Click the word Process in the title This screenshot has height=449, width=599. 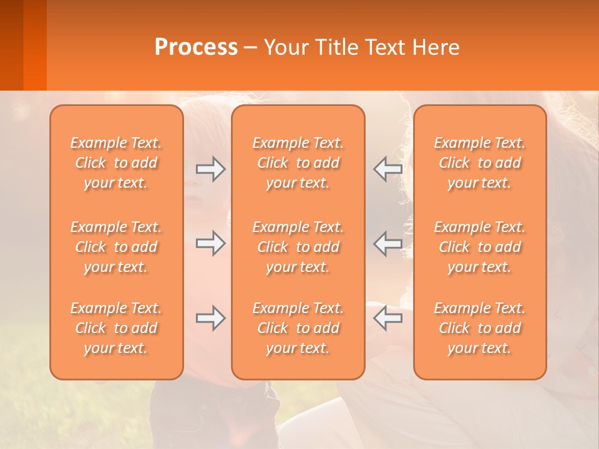click(x=196, y=47)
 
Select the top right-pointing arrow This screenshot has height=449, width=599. click(x=210, y=169)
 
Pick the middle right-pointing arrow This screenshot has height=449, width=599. click(x=210, y=243)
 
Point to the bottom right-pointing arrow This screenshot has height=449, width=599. click(x=210, y=318)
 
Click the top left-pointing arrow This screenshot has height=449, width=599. click(x=387, y=169)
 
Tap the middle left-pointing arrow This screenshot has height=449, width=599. click(x=387, y=243)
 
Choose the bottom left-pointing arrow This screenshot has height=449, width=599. click(x=387, y=318)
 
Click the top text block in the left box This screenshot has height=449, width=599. click(x=116, y=163)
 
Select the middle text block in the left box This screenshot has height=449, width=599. click(x=116, y=247)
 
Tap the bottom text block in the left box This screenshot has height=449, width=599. click(x=116, y=328)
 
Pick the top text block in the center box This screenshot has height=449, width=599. click(x=298, y=163)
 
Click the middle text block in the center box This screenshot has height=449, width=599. click(x=298, y=247)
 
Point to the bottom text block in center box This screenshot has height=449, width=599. click(x=298, y=328)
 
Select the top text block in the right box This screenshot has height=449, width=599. click(x=479, y=163)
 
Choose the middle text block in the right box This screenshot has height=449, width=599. click(x=479, y=247)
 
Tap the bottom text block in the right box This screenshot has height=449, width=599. click(x=479, y=328)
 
